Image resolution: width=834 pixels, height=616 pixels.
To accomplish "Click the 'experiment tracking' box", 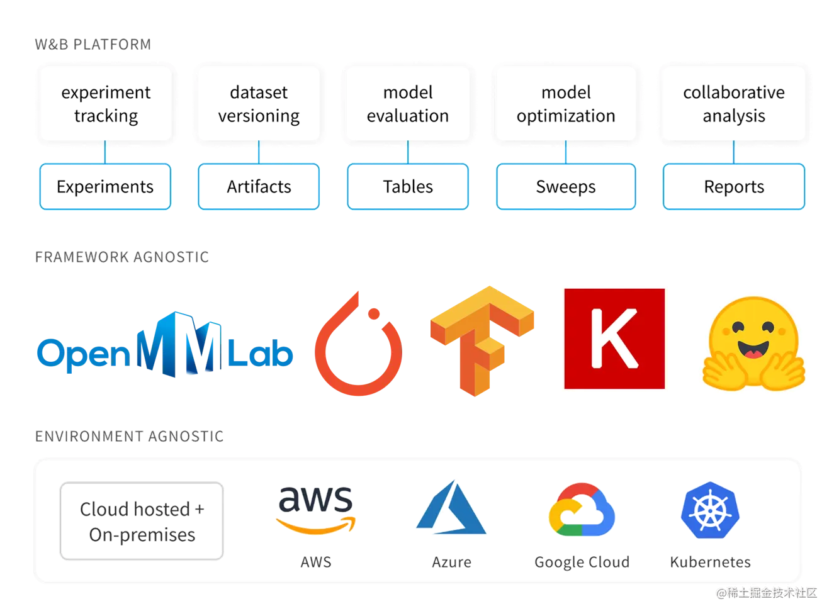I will (x=106, y=104).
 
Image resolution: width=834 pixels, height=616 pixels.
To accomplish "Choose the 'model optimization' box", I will (x=566, y=104).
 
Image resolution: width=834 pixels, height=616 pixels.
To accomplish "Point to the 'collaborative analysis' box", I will (x=734, y=104).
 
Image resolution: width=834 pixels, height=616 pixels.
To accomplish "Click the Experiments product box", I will (x=105, y=187).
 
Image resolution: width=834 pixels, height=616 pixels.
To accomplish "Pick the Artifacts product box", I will (x=259, y=187).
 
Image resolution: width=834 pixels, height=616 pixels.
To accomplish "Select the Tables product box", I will (x=408, y=187).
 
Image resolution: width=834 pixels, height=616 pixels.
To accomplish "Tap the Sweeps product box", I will (x=566, y=187).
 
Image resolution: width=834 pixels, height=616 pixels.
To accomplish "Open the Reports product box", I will (x=734, y=187).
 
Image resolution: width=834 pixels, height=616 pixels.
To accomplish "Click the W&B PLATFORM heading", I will (x=93, y=44).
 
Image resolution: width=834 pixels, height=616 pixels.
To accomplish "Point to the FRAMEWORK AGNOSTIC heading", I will (x=122, y=257).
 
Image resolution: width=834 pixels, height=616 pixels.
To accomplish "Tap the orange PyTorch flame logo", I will (x=358, y=343).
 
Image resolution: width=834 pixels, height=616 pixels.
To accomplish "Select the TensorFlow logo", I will (x=482, y=340).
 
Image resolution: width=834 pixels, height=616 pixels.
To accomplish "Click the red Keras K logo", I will (x=614, y=337).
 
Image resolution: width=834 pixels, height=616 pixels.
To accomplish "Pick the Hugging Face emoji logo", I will (x=753, y=343).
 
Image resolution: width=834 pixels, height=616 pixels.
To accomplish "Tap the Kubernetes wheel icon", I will (x=709, y=512).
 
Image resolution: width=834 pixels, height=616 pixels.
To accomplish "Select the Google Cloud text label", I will (x=582, y=562).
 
